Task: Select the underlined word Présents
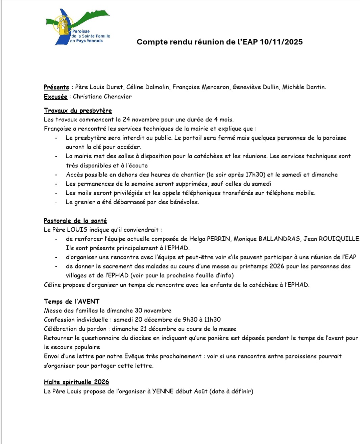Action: coord(56,87)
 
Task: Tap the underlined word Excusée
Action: coord(55,97)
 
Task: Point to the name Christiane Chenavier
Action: coord(102,97)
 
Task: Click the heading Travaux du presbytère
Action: coord(78,111)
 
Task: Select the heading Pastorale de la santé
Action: coord(75,221)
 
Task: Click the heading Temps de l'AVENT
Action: coord(72,301)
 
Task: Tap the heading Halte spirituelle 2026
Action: coord(76,382)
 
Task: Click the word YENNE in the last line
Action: coord(163,392)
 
